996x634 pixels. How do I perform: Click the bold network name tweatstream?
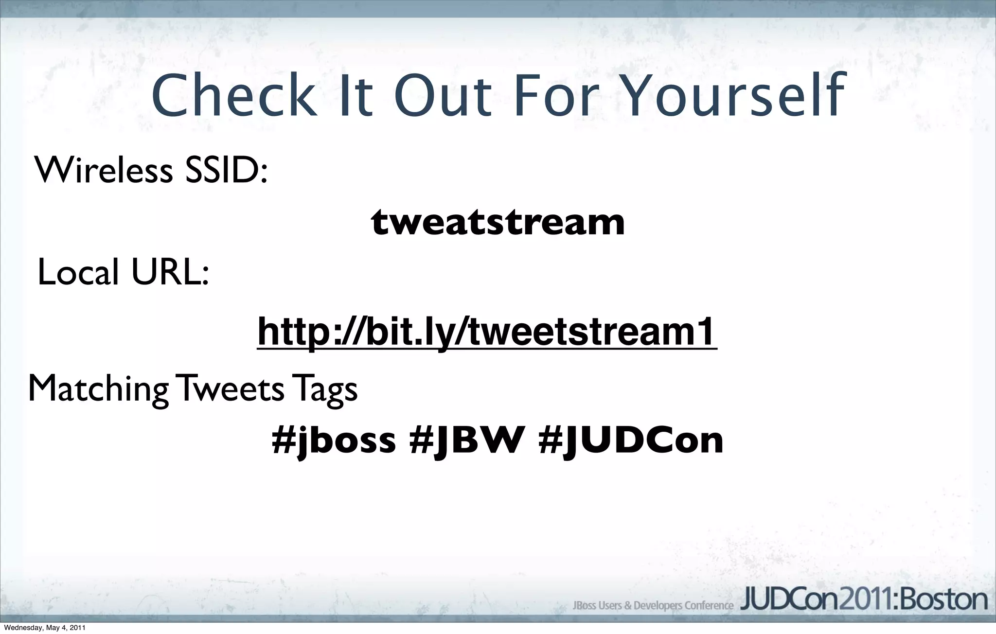tap(498, 222)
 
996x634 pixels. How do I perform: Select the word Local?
tap(78, 272)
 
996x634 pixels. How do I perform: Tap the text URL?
tap(170, 272)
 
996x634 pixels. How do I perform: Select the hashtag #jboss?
tap(334, 440)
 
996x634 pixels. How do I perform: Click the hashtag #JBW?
tap(467, 440)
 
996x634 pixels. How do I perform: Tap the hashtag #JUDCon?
tap(631, 440)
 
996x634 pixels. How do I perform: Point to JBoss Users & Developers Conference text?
tap(653, 606)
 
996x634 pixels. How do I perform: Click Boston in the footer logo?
tap(943, 600)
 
